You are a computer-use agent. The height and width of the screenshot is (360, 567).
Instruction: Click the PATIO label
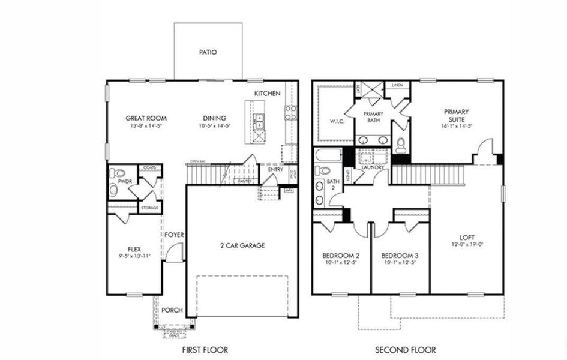click(x=208, y=52)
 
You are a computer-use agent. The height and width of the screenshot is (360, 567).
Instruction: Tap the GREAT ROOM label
click(x=146, y=118)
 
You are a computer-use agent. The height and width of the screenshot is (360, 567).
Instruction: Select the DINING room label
click(x=215, y=118)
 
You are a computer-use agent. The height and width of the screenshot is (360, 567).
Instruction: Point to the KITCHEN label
click(x=267, y=94)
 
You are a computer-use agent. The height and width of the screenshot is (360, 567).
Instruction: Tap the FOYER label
click(x=175, y=235)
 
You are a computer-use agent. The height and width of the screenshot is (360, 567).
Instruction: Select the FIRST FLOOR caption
click(x=205, y=349)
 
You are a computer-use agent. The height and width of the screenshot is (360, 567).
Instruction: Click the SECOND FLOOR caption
click(x=405, y=349)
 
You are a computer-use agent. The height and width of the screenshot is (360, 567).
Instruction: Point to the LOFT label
click(x=466, y=236)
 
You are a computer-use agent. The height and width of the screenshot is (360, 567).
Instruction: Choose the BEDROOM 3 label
click(x=399, y=254)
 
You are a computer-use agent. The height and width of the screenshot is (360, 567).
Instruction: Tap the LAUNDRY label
click(x=364, y=167)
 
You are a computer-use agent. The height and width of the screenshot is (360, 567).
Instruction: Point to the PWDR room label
click(x=125, y=181)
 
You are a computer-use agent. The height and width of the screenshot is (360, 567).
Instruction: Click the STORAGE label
click(x=150, y=208)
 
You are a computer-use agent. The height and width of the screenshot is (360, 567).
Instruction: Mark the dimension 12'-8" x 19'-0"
click(x=466, y=244)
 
